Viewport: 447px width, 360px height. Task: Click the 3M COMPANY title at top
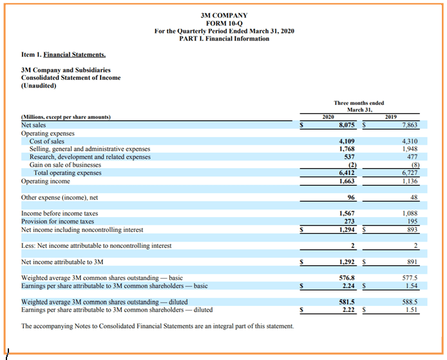tap(224, 15)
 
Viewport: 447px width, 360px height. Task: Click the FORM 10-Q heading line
tap(224, 23)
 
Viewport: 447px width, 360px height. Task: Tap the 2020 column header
tap(327, 117)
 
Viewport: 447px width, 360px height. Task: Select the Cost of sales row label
tap(47, 141)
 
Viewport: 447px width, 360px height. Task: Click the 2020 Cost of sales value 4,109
tap(346, 141)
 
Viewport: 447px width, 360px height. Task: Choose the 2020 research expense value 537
tap(348, 157)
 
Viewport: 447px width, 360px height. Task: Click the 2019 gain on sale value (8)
tap(413, 166)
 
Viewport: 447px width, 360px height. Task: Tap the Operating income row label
tap(46, 182)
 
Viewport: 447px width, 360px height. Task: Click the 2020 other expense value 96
tap(350, 198)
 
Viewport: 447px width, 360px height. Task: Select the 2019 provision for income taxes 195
tap(411, 222)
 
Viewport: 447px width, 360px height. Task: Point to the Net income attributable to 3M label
tap(62, 262)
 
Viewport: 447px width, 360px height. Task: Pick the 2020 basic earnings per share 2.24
tap(348, 286)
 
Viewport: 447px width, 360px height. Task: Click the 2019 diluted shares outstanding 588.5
tap(410, 301)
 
